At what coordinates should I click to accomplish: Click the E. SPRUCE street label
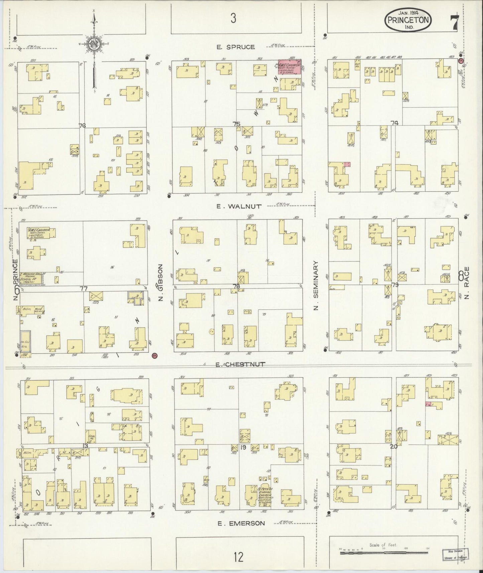(235, 47)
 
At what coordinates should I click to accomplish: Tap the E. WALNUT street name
(239, 206)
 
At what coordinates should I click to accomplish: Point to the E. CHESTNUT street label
(240, 364)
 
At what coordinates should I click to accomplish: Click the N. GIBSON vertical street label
(160, 283)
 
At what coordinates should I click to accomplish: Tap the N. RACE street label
(467, 283)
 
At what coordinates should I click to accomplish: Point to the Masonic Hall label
(32, 275)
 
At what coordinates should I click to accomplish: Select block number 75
(236, 124)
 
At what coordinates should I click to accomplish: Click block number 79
(395, 285)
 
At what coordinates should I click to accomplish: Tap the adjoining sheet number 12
(238, 557)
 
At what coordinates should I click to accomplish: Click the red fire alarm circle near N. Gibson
(154, 356)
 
